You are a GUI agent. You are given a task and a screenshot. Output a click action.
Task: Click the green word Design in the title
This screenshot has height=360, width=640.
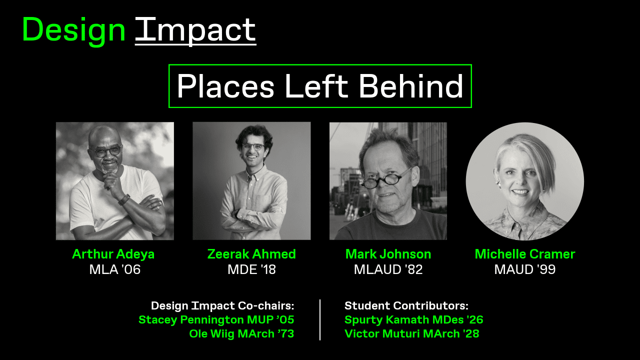click(73, 30)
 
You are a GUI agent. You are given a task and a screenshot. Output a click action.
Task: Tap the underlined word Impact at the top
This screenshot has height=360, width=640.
click(195, 30)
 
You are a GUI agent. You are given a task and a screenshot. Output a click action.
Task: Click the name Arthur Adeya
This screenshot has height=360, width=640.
click(113, 254)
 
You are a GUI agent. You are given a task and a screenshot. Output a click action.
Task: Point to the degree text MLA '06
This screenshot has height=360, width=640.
click(115, 269)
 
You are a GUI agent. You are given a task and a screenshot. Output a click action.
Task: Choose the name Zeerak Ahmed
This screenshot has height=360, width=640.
click(251, 254)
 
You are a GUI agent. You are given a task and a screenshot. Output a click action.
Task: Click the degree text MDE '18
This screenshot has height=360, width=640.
click(251, 269)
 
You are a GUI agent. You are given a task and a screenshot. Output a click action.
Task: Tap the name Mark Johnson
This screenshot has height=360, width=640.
click(388, 254)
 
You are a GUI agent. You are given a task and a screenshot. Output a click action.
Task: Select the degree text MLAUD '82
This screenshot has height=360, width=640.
click(388, 269)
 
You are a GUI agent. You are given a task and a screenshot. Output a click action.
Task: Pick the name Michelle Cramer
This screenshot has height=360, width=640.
click(525, 254)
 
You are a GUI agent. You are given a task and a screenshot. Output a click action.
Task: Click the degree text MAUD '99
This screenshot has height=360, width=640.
click(525, 269)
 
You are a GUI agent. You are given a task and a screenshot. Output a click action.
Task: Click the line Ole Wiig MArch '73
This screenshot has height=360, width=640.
click(241, 333)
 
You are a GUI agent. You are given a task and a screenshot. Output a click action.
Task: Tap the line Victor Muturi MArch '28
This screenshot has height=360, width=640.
click(411, 333)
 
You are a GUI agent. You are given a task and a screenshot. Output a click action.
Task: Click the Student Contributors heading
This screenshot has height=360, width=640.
click(406, 305)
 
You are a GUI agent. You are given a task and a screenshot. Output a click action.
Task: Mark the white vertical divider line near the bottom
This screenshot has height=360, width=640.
click(320, 320)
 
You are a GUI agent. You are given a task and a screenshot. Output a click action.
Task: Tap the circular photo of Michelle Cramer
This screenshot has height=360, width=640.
click(524, 181)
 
